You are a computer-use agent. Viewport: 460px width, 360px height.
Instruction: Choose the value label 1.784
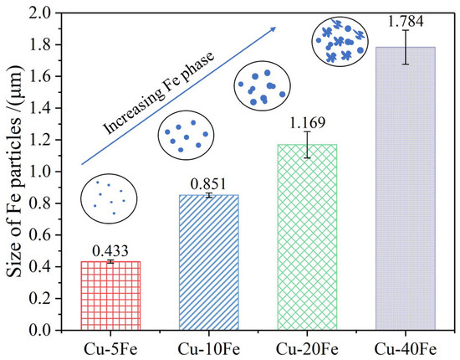pyautogui.click(x=406, y=18)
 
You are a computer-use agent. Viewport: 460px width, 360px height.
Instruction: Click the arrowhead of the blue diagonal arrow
pyautogui.click(x=273, y=29)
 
